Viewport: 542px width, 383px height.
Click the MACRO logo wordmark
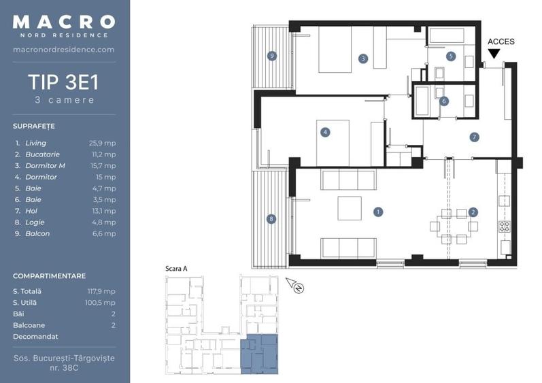tap(64, 22)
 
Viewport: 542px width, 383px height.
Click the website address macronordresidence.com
tap(64, 50)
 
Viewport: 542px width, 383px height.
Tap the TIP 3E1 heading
tap(64, 82)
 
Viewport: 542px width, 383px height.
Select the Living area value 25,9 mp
tap(102, 144)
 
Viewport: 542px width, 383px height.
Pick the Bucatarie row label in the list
tap(41, 154)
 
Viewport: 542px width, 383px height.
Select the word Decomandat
tap(35, 336)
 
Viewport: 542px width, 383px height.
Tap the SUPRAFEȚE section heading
tap(33, 127)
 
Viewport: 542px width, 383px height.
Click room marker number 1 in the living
tap(377, 212)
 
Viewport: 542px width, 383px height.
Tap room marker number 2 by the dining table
tap(473, 212)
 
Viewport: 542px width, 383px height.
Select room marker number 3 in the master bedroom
tap(364, 59)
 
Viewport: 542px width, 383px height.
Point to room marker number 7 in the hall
tap(474, 137)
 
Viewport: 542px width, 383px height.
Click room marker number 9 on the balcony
tap(272, 56)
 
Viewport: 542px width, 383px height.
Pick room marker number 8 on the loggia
tap(272, 219)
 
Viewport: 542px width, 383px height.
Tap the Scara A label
tap(176, 269)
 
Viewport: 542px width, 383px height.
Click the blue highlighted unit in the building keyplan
tap(260, 354)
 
